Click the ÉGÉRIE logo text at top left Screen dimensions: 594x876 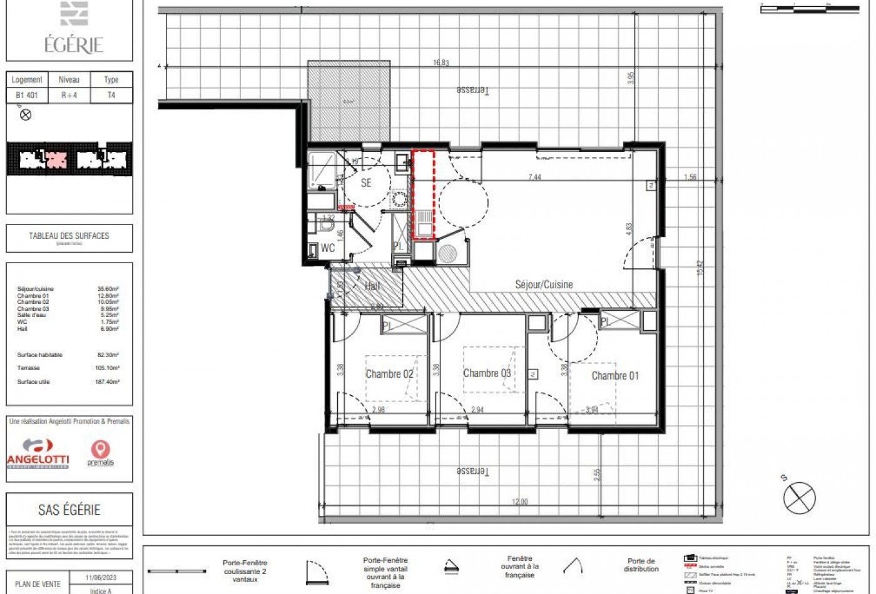tap(73, 44)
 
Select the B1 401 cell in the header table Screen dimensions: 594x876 tap(27, 96)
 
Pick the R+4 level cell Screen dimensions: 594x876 tap(69, 96)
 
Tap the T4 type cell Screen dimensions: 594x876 tap(111, 96)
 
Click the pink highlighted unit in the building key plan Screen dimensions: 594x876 tap(56, 159)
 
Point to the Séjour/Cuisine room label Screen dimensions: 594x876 tap(544, 284)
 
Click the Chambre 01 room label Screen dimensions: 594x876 tap(615, 376)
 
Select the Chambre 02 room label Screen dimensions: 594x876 tap(389, 374)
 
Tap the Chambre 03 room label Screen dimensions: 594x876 tap(487, 373)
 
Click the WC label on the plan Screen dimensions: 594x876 tap(328, 248)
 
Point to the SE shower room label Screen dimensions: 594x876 tap(366, 183)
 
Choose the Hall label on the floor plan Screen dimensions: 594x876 tap(372, 286)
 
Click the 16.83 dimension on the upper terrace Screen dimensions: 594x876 tap(441, 63)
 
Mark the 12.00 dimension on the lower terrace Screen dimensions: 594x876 tap(520, 501)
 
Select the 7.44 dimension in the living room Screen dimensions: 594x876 tap(534, 177)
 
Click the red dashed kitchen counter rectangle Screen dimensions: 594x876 tap(424, 194)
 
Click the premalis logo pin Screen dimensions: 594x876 tap(100, 450)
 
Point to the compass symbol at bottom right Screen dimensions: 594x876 tap(799, 498)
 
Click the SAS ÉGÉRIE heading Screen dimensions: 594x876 tap(69, 510)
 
